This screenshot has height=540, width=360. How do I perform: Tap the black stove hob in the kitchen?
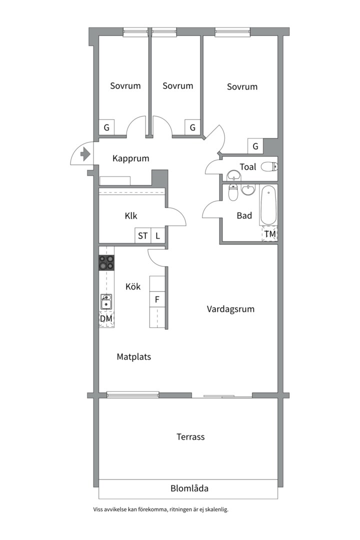tap(106, 263)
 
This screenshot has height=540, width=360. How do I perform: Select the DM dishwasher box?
tap(106, 318)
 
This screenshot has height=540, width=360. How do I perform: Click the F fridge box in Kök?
tap(157, 300)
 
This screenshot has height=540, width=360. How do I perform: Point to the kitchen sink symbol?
tap(106, 302)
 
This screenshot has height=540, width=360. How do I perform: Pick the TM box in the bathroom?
tap(270, 234)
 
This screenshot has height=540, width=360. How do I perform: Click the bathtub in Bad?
tap(267, 205)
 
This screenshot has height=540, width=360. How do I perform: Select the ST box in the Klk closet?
tap(143, 236)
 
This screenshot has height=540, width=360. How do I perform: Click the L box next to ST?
tap(157, 236)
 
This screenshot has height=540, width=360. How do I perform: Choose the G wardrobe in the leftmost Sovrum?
tap(106, 127)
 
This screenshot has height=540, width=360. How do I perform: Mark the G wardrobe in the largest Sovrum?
tap(255, 146)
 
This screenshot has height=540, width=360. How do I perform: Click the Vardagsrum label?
tap(230, 309)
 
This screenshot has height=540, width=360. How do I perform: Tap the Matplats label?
tap(134, 357)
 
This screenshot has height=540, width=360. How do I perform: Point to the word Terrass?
tap(190, 436)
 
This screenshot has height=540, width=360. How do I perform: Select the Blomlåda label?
tap(189, 488)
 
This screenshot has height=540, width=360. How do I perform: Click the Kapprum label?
tap(131, 158)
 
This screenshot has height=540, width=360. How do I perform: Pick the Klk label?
tap(131, 216)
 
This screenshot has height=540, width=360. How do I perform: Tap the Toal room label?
tap(248, 166)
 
